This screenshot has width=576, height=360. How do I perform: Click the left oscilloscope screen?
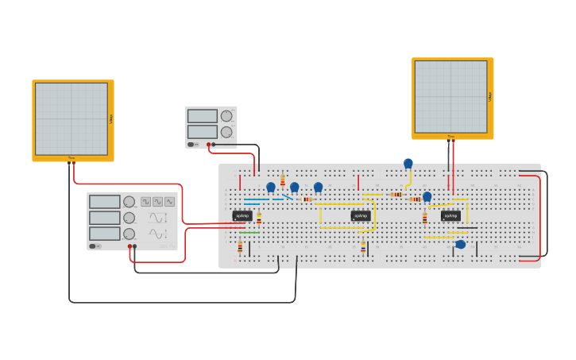pos(72,119)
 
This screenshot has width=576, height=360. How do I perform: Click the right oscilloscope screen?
pos(450,97)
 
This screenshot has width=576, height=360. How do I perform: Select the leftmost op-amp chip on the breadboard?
pos(242,215)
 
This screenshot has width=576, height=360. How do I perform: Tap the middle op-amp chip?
pos(361,215)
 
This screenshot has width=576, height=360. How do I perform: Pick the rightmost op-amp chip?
pos(450,215)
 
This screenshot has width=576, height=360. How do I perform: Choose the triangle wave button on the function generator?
pos(169,202)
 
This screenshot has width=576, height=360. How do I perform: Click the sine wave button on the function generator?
pos(157,202)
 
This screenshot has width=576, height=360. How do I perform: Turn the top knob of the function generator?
pos(129,202)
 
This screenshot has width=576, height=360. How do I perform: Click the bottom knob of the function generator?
pos(129,234)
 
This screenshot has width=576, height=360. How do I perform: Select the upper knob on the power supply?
pos(226,116)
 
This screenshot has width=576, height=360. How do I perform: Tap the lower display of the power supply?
pos(202,132)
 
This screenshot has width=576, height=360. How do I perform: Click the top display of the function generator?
pos(104,202)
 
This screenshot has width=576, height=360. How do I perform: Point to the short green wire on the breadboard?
pos(249,232)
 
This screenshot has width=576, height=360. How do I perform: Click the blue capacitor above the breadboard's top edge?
pos(408,164)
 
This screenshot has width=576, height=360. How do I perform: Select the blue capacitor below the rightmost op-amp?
pos(460,244)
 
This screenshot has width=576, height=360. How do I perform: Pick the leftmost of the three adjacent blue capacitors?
pos(271,188)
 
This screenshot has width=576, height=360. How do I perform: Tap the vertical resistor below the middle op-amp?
pos(363,246)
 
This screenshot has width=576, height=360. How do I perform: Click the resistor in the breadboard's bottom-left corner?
pos(240,247)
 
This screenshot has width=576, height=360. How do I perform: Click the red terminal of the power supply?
pos(208,145)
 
